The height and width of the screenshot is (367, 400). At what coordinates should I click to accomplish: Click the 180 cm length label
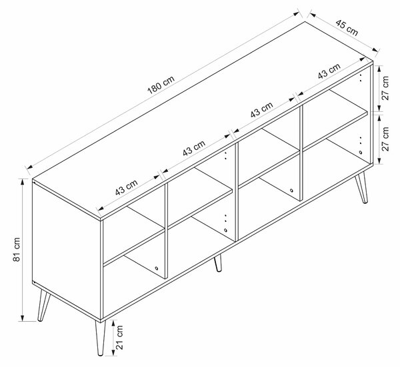(161, 85)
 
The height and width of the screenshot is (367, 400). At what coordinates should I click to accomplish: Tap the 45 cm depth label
(347, 27)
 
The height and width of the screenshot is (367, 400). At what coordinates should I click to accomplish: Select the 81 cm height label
(16, 250)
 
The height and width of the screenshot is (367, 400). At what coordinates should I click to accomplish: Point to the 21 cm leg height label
(119, 337)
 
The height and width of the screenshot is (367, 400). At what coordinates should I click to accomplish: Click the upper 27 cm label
(385, 88)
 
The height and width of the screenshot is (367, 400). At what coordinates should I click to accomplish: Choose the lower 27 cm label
(385, 139)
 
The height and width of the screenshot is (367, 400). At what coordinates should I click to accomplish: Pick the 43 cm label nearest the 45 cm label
(329, 71)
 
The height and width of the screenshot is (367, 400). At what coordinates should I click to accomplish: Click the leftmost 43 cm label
(126, 187)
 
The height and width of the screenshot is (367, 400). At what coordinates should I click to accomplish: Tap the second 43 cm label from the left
(194, 148)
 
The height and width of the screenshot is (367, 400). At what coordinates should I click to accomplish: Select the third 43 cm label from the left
(262, 110)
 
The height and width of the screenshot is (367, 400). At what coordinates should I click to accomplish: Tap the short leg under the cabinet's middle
(218, 263)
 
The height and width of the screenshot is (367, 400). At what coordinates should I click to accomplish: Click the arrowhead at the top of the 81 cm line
(23, 182)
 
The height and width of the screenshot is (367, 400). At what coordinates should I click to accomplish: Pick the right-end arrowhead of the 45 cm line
(375, 50)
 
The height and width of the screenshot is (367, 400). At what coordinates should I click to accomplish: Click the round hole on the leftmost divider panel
(156, 268)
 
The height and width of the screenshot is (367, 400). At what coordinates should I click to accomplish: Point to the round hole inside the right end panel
(360, 153)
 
